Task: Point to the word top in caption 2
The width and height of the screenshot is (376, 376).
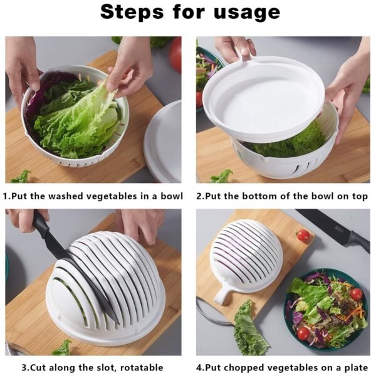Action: pyautogui.click(x=358, y=196)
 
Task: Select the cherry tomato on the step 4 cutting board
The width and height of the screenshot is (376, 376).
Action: pyautogui.click(x=303, y=235)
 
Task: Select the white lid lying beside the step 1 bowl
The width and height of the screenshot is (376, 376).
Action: pyautogui.click(x=164, y=141)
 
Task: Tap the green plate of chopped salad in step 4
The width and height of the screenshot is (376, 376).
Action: pyautogui.click(x=326, y=310)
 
